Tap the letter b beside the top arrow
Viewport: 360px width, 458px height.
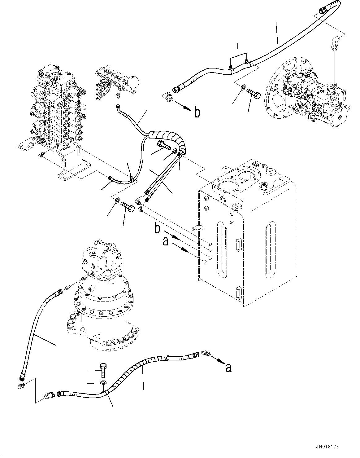click(x=197, y=113)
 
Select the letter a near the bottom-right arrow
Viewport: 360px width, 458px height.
click(x=228, y=367)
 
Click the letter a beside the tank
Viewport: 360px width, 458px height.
click(x=166, y=241)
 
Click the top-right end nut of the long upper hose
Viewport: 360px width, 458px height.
click(x=321, y=11)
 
